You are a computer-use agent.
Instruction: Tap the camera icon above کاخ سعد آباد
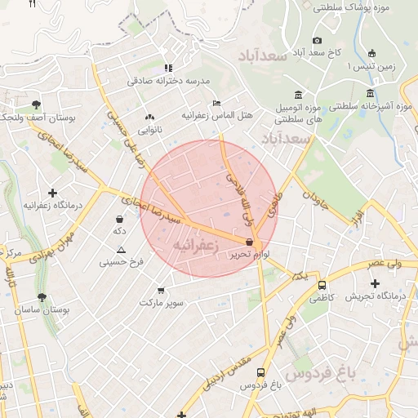coord(317,40)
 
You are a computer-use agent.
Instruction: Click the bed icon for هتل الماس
coord(216,104)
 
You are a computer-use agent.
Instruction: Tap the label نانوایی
coord(149,129)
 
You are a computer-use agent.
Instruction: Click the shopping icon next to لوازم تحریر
coord(249,242)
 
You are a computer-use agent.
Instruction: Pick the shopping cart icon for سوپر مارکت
coord(160,290)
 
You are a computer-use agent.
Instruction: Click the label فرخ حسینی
coord(122,262)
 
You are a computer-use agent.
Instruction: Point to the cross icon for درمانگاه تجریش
coord(375,283)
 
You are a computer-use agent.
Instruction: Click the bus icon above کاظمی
coord(322,286)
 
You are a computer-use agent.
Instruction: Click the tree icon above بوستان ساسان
coord(41,297)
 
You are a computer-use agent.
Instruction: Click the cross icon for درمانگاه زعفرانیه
coord(53,193)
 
